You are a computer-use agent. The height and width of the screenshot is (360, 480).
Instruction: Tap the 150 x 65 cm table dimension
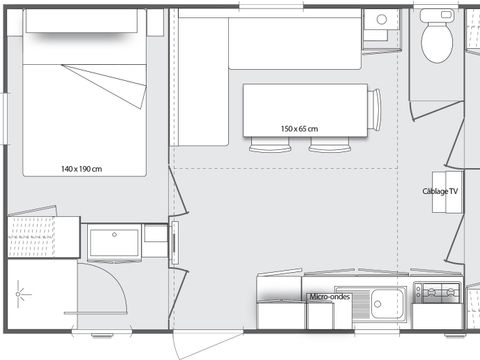point(299,128)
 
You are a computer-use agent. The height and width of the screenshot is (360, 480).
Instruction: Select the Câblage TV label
point(440,190)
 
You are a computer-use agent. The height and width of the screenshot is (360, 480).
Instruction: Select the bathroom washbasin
point(114,242)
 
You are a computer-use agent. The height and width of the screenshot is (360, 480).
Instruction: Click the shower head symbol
point(22,295)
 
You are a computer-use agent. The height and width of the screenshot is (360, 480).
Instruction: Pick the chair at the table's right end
point(375,110)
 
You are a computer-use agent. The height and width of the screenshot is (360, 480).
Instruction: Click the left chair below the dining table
point(265,148)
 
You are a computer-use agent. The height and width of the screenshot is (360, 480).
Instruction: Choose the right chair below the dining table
point(324,148)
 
